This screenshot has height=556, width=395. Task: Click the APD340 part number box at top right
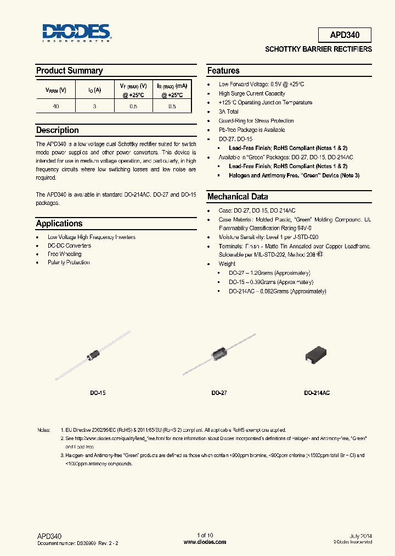(345, 35)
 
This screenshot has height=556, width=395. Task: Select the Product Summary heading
(69, 71)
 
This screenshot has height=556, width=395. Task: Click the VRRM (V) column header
(55, 90)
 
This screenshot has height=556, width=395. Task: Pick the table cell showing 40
(55, 107)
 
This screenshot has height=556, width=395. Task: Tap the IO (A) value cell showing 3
(94, 107)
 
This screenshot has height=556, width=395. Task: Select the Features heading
(223, 71)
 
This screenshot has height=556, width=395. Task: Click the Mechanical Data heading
(237, 197)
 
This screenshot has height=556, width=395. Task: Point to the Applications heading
(59, 224)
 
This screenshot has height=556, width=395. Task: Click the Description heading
(57, 131)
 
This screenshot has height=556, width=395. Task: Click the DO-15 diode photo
(92, 355)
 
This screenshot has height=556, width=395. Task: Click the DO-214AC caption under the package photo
(317, 393)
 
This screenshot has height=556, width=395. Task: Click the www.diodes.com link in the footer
(205, 542)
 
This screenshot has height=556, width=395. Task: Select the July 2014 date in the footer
(360, 535)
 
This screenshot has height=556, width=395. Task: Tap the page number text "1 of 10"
(205, 535)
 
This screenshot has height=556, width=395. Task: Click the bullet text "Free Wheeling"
(65, 254)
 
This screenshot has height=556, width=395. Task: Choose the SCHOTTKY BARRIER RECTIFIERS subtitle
(318, 49)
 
